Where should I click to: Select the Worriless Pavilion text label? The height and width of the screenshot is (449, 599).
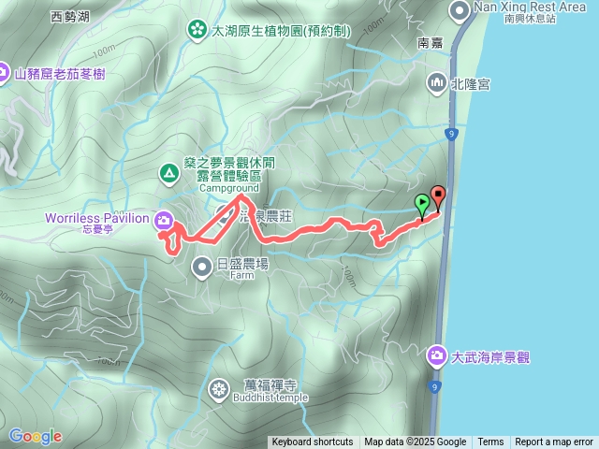[97, 219]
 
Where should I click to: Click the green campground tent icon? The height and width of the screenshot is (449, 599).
[168, 172]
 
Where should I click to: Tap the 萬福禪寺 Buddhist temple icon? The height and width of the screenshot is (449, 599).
[220, 387]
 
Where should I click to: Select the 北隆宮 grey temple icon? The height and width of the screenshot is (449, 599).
[437, 84]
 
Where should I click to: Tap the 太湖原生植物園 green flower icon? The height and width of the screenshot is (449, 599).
[197, 30]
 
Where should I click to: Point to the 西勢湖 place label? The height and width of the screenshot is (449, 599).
[70, 16]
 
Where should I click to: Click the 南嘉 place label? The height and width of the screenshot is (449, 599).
[430, 43]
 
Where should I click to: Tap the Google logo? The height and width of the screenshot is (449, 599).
[36, 436]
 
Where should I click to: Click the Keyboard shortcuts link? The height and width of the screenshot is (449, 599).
[313, 442]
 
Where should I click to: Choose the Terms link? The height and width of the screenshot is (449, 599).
[490, 442]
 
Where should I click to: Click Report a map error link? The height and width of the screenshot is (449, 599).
[554, 442]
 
